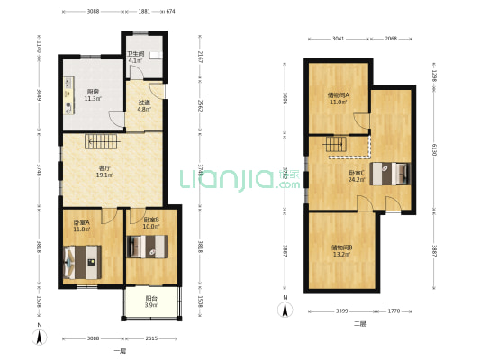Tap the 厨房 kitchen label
93,94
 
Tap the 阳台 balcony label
151,302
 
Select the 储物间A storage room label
339,98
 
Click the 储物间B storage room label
341,250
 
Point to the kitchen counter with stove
69,99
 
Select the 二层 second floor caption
358,322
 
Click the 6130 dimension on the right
434,152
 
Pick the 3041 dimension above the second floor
336,40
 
